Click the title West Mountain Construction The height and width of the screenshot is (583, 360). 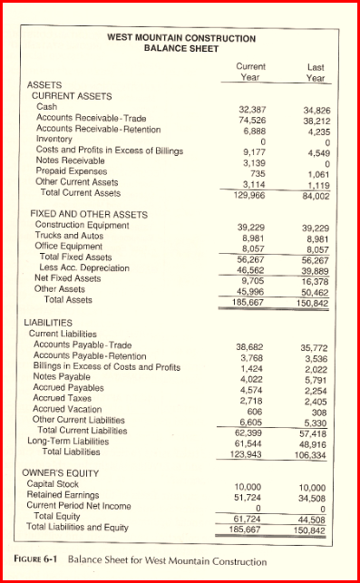point(180,37)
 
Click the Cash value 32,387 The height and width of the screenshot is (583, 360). point(250,109)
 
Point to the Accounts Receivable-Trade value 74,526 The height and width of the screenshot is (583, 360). point(250,119)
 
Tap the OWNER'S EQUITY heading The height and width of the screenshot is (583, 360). point(63,473)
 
